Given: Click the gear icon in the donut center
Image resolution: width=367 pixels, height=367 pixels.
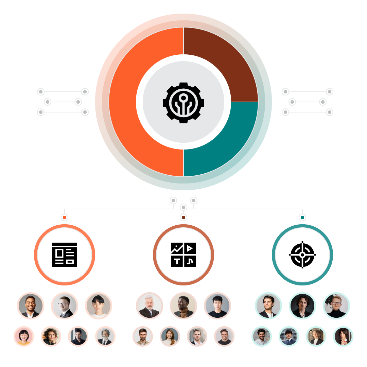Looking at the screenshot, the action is [183, 102].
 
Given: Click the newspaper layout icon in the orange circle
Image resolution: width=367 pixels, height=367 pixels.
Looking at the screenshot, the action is [65, 255].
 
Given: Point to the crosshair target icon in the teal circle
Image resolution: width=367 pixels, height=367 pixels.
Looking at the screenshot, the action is [302, 255].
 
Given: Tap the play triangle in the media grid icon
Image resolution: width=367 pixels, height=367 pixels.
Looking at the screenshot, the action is [190, 248].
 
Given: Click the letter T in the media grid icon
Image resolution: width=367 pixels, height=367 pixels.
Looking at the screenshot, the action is [177, 261].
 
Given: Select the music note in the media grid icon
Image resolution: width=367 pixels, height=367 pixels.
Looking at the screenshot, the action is [190, 261].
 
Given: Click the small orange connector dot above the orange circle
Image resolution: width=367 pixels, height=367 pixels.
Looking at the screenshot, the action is [65, 217].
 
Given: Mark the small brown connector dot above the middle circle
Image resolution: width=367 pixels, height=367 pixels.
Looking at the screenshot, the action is [183, 217].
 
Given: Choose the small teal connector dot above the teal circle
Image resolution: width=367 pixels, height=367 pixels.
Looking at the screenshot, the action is [302, 217].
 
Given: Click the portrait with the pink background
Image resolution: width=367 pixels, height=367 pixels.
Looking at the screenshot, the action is [24, 336].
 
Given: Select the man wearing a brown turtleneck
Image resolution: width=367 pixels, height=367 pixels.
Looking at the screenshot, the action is [183, 306].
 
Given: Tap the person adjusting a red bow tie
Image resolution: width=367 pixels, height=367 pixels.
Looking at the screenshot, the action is [343, 336].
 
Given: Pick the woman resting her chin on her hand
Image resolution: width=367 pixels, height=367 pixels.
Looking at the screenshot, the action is [51, 336].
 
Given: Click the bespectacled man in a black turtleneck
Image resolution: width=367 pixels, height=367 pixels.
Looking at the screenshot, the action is [336, 306].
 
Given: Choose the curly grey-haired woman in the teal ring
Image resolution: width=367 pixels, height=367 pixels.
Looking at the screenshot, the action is [316, 336].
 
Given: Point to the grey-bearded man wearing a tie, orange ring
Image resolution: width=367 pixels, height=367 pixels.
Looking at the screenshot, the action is [105, 336].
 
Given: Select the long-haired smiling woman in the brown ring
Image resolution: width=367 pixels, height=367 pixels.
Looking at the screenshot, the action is [170, 336].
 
